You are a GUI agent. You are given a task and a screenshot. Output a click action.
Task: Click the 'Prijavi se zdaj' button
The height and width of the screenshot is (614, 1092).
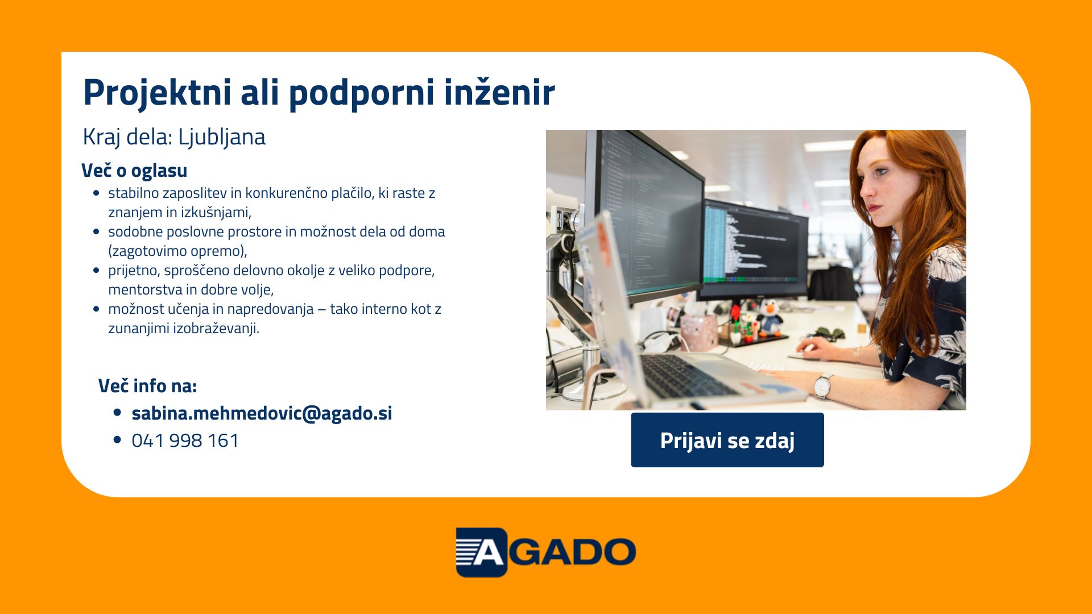pyautogui.click(x=727, y=440)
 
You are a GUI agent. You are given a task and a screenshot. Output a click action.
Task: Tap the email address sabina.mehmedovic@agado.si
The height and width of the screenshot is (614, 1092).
pyautogui.click(x=262, y=413)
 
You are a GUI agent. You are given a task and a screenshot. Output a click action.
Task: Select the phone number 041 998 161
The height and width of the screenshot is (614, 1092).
pyautogui.click(x=185, y=441)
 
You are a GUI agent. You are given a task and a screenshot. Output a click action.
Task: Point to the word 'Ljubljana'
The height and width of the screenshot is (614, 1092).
pyautogui.click(x=222, y=138)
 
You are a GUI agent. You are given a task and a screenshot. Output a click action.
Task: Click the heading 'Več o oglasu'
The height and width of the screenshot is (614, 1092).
pyautogui.click(x=134, y=171)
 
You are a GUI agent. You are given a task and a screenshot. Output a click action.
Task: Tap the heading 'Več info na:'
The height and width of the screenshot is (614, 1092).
pyautogui.click(x=147, y=386)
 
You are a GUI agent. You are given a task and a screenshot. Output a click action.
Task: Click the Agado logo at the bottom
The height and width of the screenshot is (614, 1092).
pyautogui.click(x=545, y=552)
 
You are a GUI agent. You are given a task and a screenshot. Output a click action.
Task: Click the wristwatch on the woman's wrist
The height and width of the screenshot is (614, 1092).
pyautogui.click(x=823, y=385)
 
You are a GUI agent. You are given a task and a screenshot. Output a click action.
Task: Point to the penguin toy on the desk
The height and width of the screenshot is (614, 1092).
pyautogui.click(x=770, y=317)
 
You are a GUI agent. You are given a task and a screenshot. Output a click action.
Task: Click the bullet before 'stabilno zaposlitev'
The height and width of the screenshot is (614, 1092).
pyautogui.click(x=96, y=193)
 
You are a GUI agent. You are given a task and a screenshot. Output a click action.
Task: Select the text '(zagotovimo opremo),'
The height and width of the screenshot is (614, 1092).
pyautogui.click(x=177, y=251)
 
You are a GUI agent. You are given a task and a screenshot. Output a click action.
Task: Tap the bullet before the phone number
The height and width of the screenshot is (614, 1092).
pyautogui.click(x=118, y=439)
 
